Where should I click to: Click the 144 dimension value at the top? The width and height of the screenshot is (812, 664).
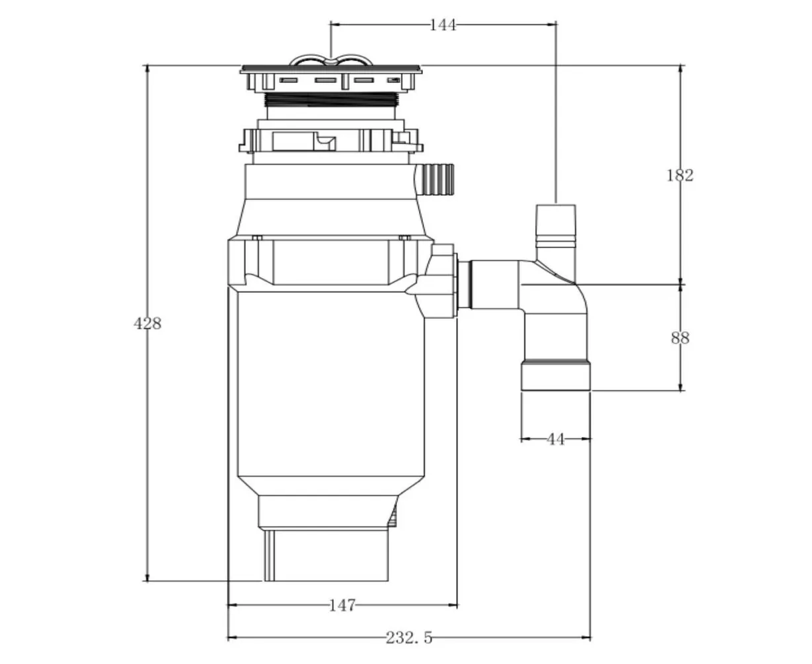point(442,25)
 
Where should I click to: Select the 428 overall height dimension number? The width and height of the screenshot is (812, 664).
point(147,323)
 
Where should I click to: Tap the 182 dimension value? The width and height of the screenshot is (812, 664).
point(680,175)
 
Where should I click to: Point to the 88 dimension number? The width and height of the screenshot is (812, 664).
point(680,338)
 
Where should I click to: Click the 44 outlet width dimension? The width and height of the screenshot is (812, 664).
point(555,439)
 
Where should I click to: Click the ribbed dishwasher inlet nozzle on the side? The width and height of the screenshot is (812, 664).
point(435,179)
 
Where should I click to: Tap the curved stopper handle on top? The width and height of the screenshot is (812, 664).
point(331,60)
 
